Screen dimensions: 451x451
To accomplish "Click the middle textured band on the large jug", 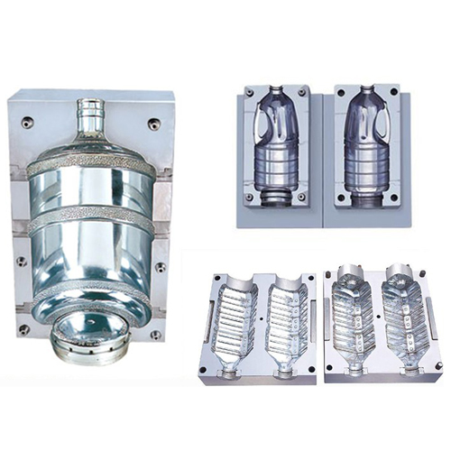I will click(90, 218).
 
